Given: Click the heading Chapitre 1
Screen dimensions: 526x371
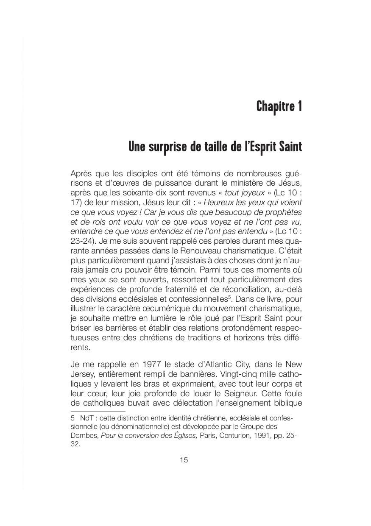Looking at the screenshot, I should pyautogui.click(x=279, y=106).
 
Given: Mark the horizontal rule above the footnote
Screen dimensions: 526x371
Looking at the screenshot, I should pyautogui.click(x=98, y=411).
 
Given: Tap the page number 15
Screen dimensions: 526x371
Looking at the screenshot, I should pyautogui.click(x=184, y=460).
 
